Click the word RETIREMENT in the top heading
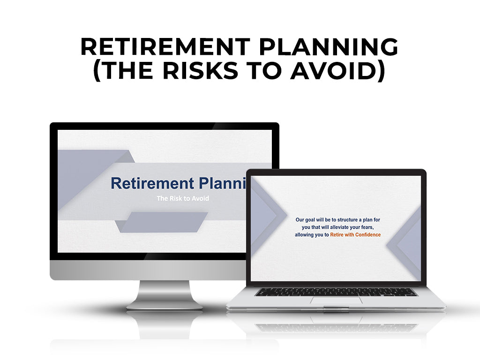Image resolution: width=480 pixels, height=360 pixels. [159, 47]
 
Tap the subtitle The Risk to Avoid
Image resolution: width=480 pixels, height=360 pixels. [183, 198]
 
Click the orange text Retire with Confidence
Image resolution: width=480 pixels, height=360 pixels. [355, 234]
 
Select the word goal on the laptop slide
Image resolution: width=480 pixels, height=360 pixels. [313, 219]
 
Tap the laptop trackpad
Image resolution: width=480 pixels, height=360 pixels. [336, 300]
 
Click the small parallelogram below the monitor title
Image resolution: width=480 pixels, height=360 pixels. [162, 222]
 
